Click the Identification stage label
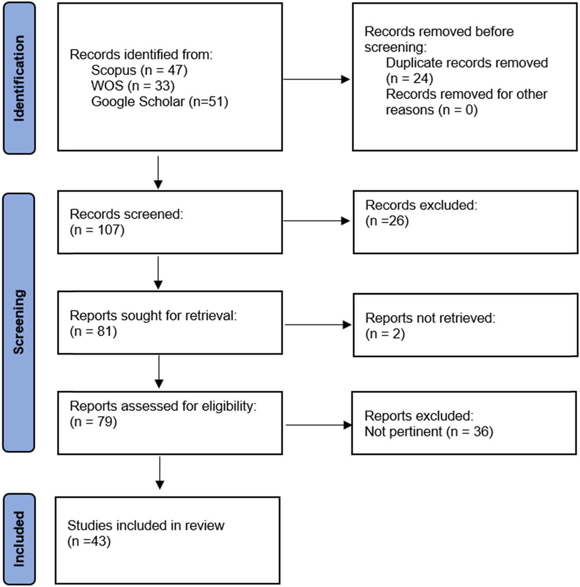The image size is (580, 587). [x=19, y=78]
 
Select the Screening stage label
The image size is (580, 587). [x=19, y=322]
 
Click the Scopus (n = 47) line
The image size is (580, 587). [x=139, y=70]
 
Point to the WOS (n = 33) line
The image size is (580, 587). [x=133, y=86]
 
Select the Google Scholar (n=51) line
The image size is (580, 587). [x=159, y=101]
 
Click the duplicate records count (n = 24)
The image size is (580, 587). [x=409, y=78]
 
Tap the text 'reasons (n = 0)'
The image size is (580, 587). [x=431, y=110]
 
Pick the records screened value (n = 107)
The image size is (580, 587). [x=97, y=230]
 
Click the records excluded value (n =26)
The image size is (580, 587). [x=387, y=221]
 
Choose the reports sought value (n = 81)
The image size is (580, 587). [x=93, y=331]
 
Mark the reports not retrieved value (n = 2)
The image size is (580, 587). [x=385, y=334]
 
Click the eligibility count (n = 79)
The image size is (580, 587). [x=93, y=422]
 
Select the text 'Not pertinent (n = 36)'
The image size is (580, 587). [x=429, y=432]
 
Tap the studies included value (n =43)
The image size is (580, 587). [x=89, y=541]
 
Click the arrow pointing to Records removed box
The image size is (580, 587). [x=317, y=80]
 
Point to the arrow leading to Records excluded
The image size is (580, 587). [x=317, y=221]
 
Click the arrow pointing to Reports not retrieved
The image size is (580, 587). [x=318, y=325]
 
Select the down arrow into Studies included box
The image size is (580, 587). [x=159, y=473]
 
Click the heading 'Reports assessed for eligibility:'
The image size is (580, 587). [x=163, y=406]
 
